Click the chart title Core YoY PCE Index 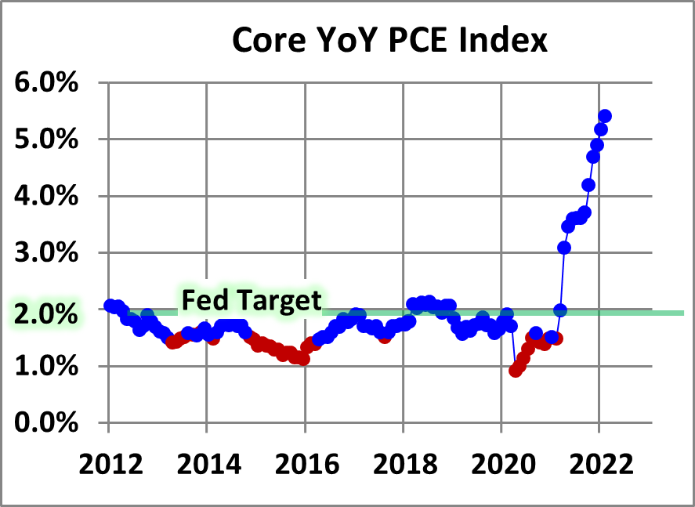(x=389, y=40)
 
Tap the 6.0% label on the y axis (x=46, y=82)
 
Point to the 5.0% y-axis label (x=46, y=139)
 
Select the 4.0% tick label (x=46, y=196)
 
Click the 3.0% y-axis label (x=46, y=253)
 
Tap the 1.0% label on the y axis (x=46, y=367)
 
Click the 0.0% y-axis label (x=46, y=423)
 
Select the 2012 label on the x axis (x=110, y=465)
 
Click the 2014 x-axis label (x=209, y=465)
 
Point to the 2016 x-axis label (x=307, y=465)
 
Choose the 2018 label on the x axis (x=405, y=465)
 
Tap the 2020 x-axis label (x=504, y=465)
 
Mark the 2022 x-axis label (x=602, y=465)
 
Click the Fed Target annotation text (x=252, y=300)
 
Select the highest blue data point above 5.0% (x=605, y=116)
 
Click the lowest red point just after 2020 (x=515, y=370)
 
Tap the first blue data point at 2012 (x=110, y=306)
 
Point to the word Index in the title (x=503, y=40)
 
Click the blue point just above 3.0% (x=564, y=248)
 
